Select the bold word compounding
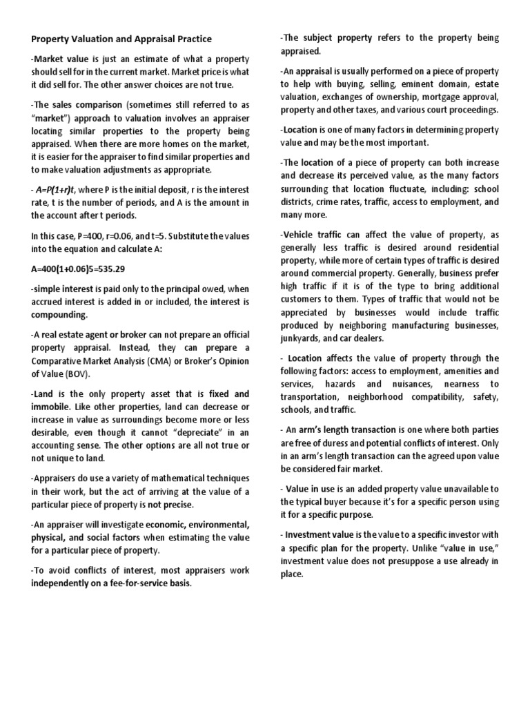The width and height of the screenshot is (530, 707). pyautogui.click(x=59, y=315)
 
